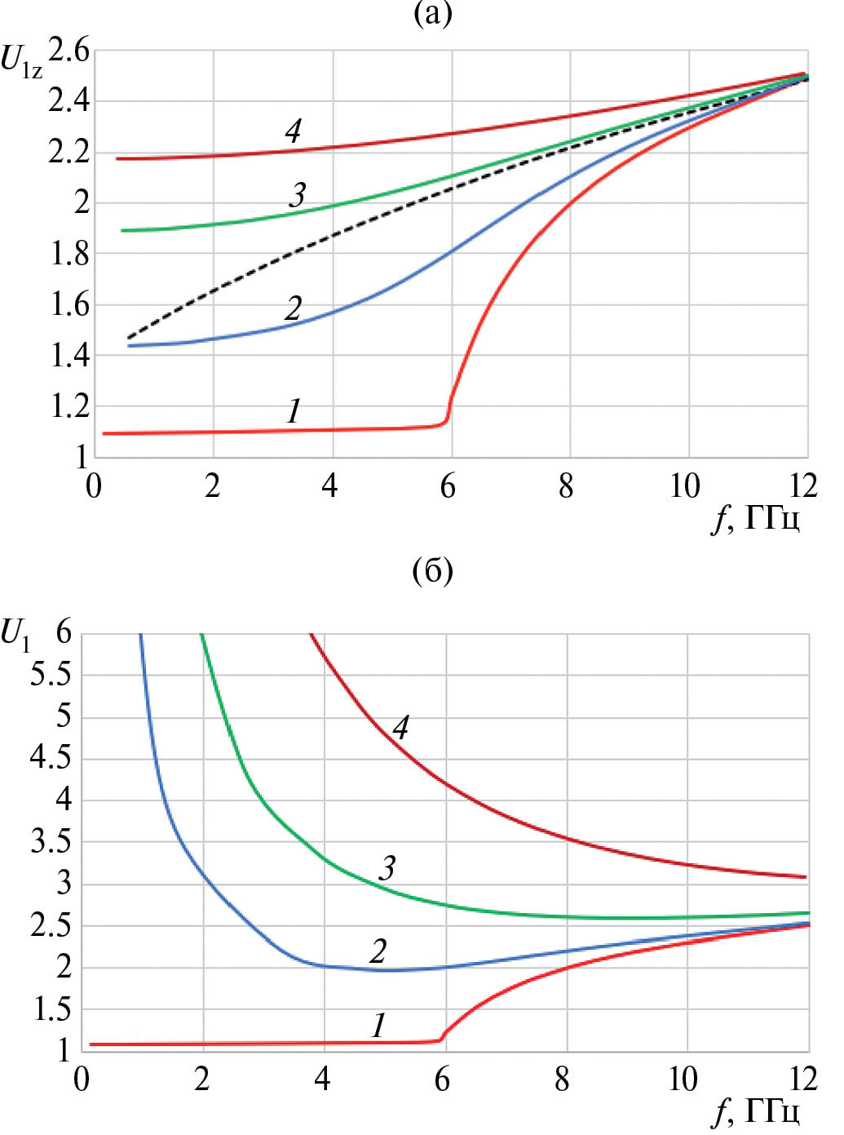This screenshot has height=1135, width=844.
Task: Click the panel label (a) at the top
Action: pos(432,14)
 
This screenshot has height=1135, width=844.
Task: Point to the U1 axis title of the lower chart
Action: pos(16,634)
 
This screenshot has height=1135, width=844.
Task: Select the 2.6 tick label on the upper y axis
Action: pos(68,51)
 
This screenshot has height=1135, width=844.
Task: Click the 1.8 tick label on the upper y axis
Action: pos(70,254)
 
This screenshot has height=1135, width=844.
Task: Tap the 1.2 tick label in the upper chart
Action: pos(70,406)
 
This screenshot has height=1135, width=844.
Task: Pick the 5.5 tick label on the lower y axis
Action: pos(51,675)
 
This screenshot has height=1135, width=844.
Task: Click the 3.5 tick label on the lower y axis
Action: pos(51,841)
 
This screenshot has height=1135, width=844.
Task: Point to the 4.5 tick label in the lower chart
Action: pos(51,758)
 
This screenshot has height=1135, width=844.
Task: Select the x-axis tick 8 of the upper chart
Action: pos(566,486)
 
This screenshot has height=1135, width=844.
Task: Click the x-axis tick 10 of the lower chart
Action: pos(683,1080)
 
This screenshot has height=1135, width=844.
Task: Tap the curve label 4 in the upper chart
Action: pos(294,131)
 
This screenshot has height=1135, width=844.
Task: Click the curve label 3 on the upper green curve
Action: pos(298,195)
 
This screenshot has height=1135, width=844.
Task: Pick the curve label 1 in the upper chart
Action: pos(294,410)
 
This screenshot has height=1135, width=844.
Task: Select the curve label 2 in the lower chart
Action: pos(378,951)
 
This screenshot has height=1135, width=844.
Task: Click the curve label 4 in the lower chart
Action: pos(400,727)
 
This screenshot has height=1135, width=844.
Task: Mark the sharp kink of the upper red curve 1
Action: pos(447,419)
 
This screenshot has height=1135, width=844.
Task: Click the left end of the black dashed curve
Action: pos(128,338)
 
